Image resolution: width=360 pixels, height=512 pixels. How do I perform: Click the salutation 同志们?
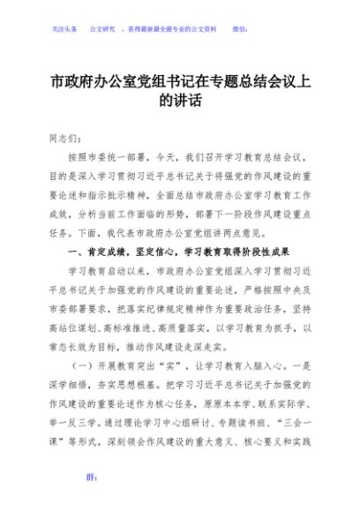65,139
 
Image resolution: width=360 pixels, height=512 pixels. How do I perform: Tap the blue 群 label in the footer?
89,501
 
